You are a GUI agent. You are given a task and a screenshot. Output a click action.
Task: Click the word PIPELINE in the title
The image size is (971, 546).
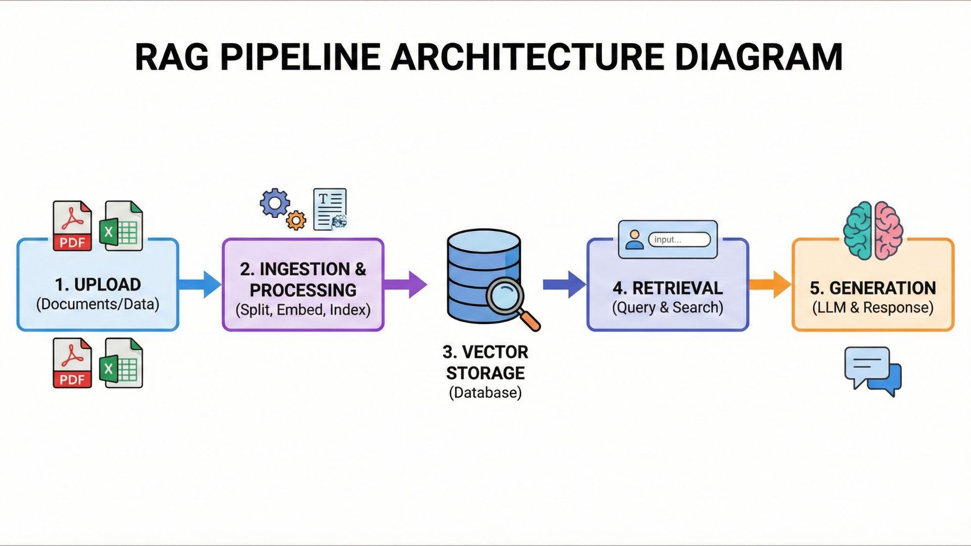coord(300,57)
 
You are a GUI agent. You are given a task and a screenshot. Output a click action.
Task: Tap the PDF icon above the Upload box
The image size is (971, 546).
coord(72,225)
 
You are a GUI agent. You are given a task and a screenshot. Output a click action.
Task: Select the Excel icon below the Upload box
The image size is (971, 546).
coord(121,363)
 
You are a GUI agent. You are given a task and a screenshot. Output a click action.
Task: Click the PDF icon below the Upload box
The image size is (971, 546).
coord(72,363)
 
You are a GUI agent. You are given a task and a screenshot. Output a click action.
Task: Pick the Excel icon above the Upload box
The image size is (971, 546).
coord(121,225)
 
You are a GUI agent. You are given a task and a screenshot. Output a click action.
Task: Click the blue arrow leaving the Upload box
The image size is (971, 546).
coord(200,284)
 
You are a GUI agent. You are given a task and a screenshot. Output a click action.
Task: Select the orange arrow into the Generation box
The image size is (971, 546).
coord(770,284)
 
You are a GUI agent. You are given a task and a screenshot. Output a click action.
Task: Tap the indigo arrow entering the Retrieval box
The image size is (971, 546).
coord(564,284)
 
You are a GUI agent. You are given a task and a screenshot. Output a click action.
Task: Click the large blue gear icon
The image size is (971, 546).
coord(275,203)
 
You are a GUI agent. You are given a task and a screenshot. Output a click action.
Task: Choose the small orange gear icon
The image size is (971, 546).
coord(296,220)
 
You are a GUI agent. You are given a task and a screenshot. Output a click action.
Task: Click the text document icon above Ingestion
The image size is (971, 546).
coord(330,209)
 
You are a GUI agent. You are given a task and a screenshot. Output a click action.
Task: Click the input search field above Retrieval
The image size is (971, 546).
coord(679,240)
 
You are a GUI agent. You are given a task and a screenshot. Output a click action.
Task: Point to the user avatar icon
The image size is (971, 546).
coord(634,240)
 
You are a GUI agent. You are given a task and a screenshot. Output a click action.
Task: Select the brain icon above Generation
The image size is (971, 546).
coord(873,231)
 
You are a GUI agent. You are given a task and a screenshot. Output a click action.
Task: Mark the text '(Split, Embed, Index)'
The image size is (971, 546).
coord(303,309)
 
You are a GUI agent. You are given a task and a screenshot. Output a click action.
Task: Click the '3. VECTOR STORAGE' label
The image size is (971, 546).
coord(485,362)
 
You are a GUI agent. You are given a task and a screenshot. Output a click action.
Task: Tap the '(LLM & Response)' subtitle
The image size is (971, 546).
coord(873,307)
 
